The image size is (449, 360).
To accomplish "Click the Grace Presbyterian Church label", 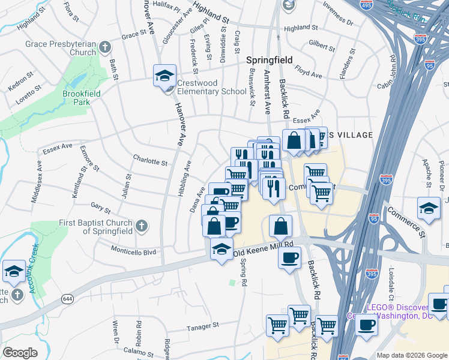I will [x=60, y=48].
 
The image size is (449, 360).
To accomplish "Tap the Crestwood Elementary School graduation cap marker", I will [x=164, y=76].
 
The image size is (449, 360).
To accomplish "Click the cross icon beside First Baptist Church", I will [x=141, y=226].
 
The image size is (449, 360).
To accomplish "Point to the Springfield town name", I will [x=270, y=60].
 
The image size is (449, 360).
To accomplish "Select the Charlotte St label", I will [x=150, y=161].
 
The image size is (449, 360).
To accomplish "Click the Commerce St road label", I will [x=406, y=222].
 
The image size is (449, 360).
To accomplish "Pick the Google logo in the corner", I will [x=20, y=352].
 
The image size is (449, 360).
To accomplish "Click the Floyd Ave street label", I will [x=309, y=74].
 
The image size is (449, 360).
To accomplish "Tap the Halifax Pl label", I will [x=167, y=6].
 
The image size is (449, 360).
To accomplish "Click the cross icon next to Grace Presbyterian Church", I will [x=105, y=47].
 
